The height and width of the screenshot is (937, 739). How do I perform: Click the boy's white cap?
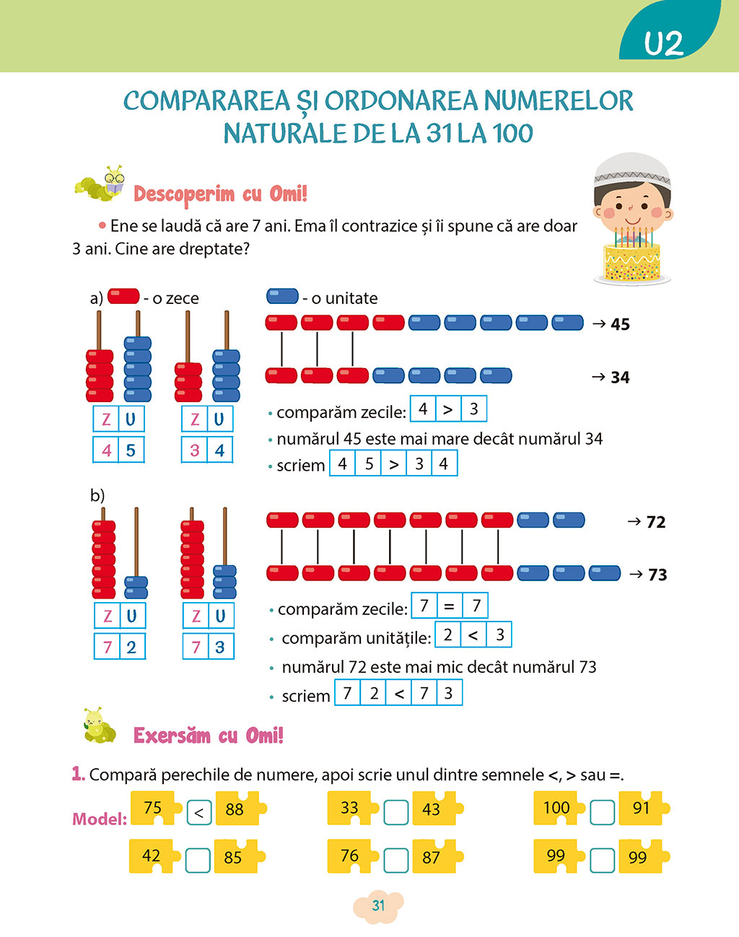pos(632,170)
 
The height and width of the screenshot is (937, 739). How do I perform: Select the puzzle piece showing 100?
pos(558,808)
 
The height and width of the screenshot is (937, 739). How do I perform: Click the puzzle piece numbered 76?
pos(351,856)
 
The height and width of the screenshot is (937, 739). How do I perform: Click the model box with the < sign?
pos(198,813)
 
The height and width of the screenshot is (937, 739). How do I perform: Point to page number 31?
pos(378,906)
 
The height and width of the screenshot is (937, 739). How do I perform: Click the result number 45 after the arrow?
pos(620,325)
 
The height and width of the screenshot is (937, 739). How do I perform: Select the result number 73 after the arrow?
pos(657,575)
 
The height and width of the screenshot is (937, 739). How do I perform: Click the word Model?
pos(99,819)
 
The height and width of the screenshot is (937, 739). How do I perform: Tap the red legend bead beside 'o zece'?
pos(123,296)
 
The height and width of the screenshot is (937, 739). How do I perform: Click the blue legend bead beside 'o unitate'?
pos(282,296)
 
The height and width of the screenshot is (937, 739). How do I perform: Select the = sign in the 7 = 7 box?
pos(449,606)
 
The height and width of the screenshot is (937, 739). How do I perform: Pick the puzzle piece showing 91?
pos(641,808)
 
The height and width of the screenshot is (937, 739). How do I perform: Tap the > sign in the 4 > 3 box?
pos(447,409)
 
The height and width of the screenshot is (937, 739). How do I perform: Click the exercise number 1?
pos(78,774)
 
